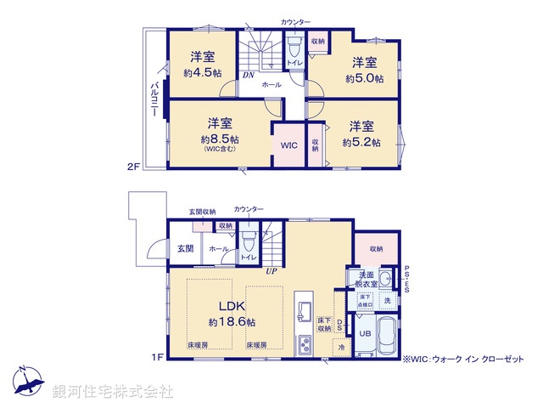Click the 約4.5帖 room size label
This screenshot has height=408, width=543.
(x=202, y=74)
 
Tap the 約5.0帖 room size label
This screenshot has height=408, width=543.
(x=364, y=78)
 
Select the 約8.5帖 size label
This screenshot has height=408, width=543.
(x=220, y=139)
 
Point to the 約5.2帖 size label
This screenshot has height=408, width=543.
(x=361, y=142)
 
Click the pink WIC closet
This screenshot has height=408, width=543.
(x=288, y=145)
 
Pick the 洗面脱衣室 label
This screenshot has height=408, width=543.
(x=367, y=280)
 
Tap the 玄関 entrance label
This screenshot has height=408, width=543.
(x=185, y=248)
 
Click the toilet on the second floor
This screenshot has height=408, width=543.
(x=294, y=47)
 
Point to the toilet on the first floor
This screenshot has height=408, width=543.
(x=249, y=241)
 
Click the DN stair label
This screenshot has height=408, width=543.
(x=248, y=75)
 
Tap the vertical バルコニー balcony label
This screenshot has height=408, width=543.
(x=154, y=102)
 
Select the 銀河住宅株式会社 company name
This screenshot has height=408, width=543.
(x=113, y=391)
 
